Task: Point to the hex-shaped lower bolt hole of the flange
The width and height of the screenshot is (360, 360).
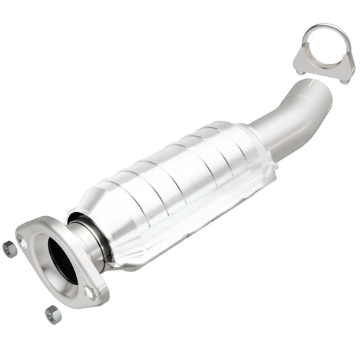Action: coord(89,292)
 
